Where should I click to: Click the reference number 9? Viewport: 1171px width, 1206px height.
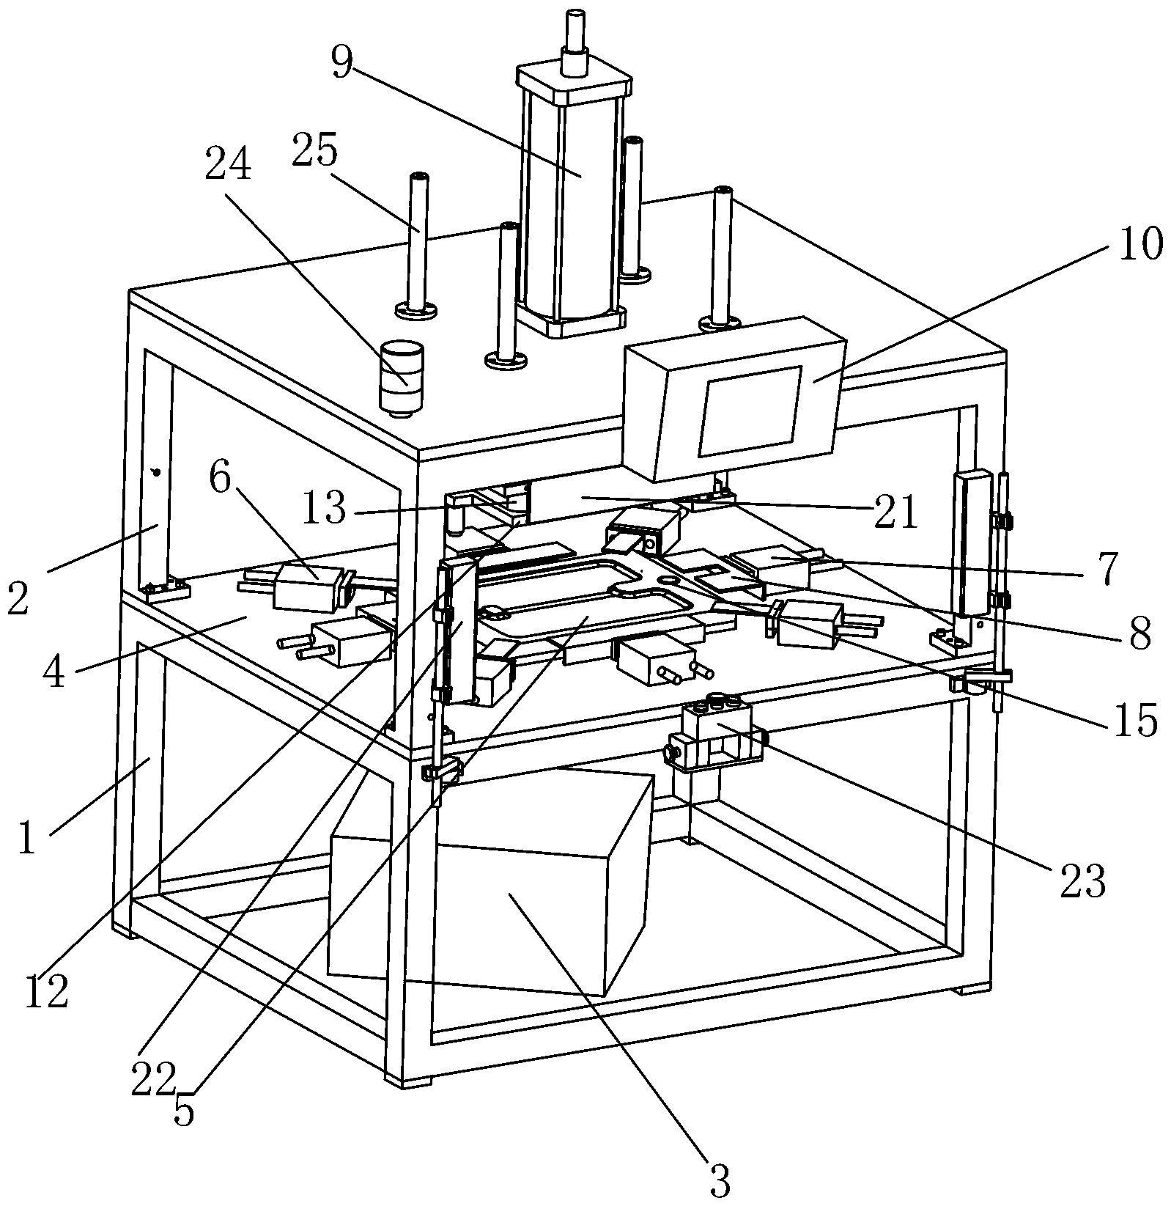341,63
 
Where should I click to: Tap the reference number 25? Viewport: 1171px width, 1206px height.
315,152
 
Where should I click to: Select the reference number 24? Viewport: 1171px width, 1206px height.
228,166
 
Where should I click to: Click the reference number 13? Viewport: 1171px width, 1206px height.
323,507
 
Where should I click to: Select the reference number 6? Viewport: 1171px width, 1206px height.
220,480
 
